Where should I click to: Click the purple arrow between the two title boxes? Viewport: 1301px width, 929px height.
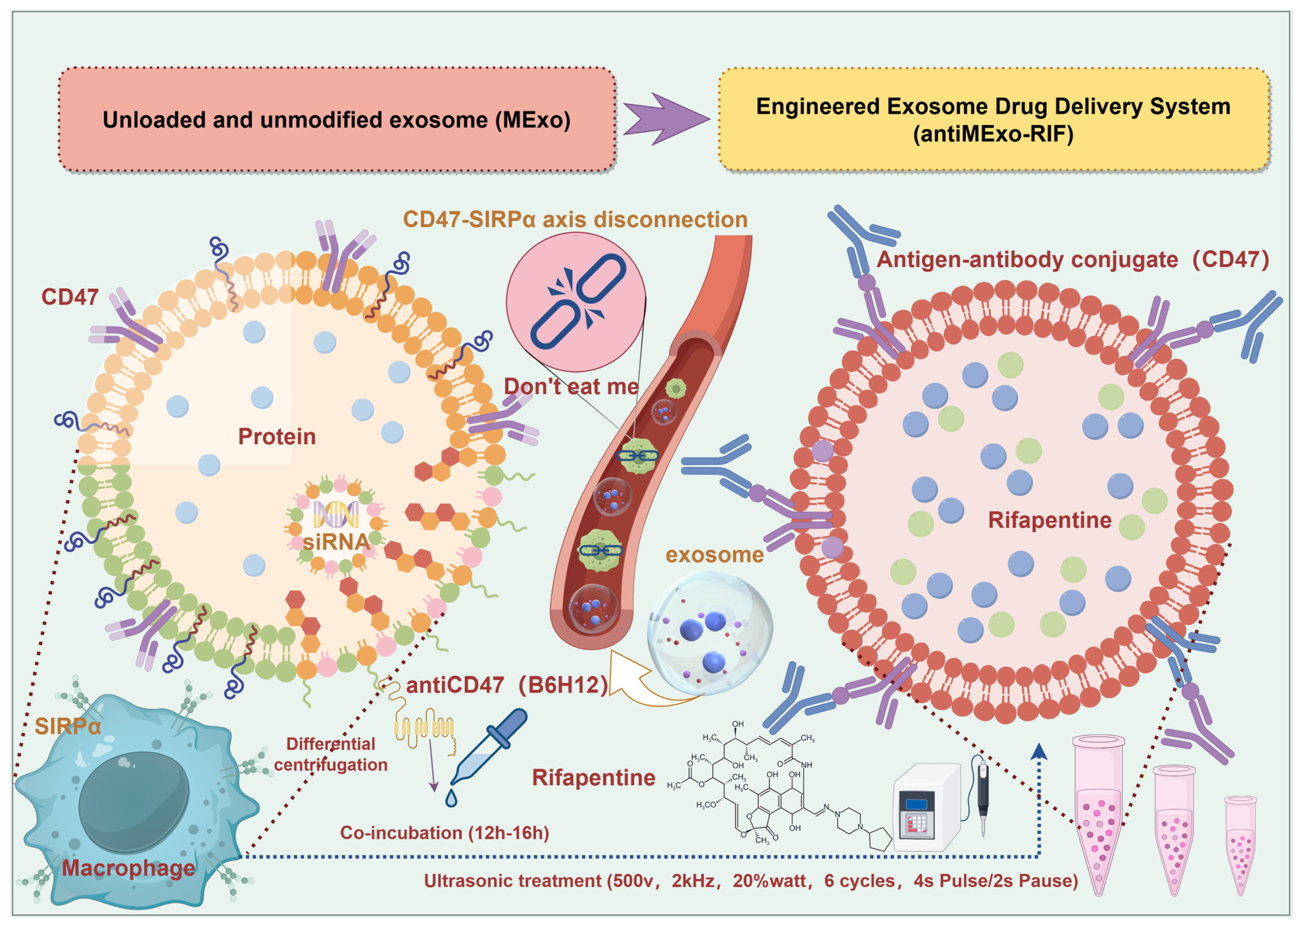click(663, 119)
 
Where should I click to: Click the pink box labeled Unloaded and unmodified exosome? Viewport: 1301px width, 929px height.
click(336, 119)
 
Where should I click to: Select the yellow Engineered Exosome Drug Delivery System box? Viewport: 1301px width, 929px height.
click(993, 119)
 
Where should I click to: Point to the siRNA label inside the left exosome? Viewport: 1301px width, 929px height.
click(336, 541)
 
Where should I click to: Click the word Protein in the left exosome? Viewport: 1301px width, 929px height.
click(277, 436)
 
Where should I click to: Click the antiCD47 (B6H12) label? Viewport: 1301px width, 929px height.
click(507, 685)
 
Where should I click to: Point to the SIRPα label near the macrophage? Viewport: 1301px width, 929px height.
click(68, 727)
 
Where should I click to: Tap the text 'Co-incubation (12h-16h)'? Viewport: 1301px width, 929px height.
click(444, 832)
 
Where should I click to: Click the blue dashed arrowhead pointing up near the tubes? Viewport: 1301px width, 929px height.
click(1039, 751)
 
